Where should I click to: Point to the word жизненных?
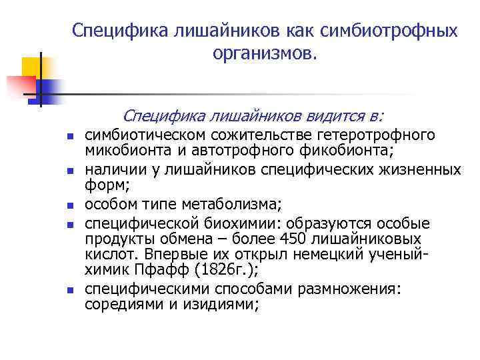click(419, 169)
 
